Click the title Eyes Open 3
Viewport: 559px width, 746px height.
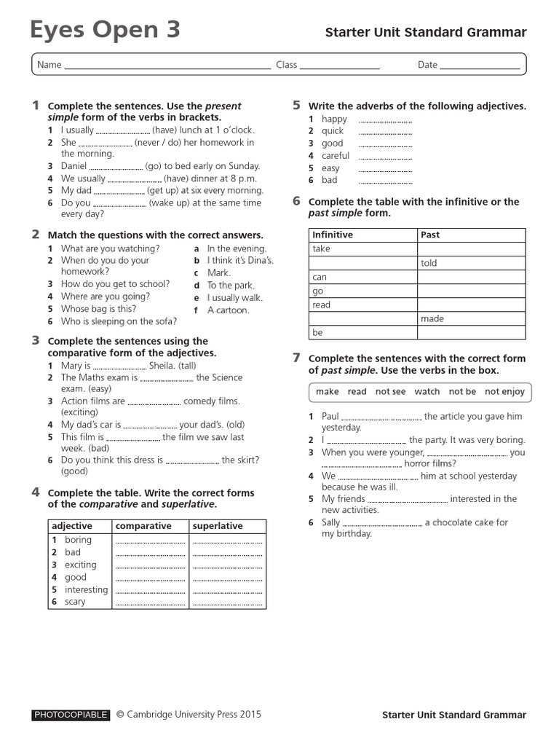(105, 30)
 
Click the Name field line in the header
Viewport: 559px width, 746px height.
(167, 66)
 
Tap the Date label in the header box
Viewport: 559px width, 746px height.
(427, 65)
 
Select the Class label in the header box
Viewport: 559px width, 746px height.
(286, 65)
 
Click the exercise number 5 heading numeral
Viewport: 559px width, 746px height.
(296, 106)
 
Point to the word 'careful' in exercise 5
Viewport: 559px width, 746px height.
(336, 156)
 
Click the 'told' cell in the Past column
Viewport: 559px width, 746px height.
(429, 263)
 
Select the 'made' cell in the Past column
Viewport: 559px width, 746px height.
(432, 318)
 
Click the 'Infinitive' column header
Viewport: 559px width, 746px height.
(332, 235)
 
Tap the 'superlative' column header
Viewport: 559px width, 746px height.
(218, 526)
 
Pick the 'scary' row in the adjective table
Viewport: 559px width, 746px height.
(75, 602)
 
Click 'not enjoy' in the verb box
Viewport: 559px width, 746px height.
(504, 392)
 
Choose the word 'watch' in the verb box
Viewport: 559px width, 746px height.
(427, 392)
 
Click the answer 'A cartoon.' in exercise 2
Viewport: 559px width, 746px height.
(228, 310)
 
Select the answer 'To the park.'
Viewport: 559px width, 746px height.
(231, 286)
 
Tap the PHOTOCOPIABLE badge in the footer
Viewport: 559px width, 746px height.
(71, 715)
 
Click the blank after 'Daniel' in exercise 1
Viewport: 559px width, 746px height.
(115, 167)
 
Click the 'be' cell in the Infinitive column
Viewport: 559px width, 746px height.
(317, 333)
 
